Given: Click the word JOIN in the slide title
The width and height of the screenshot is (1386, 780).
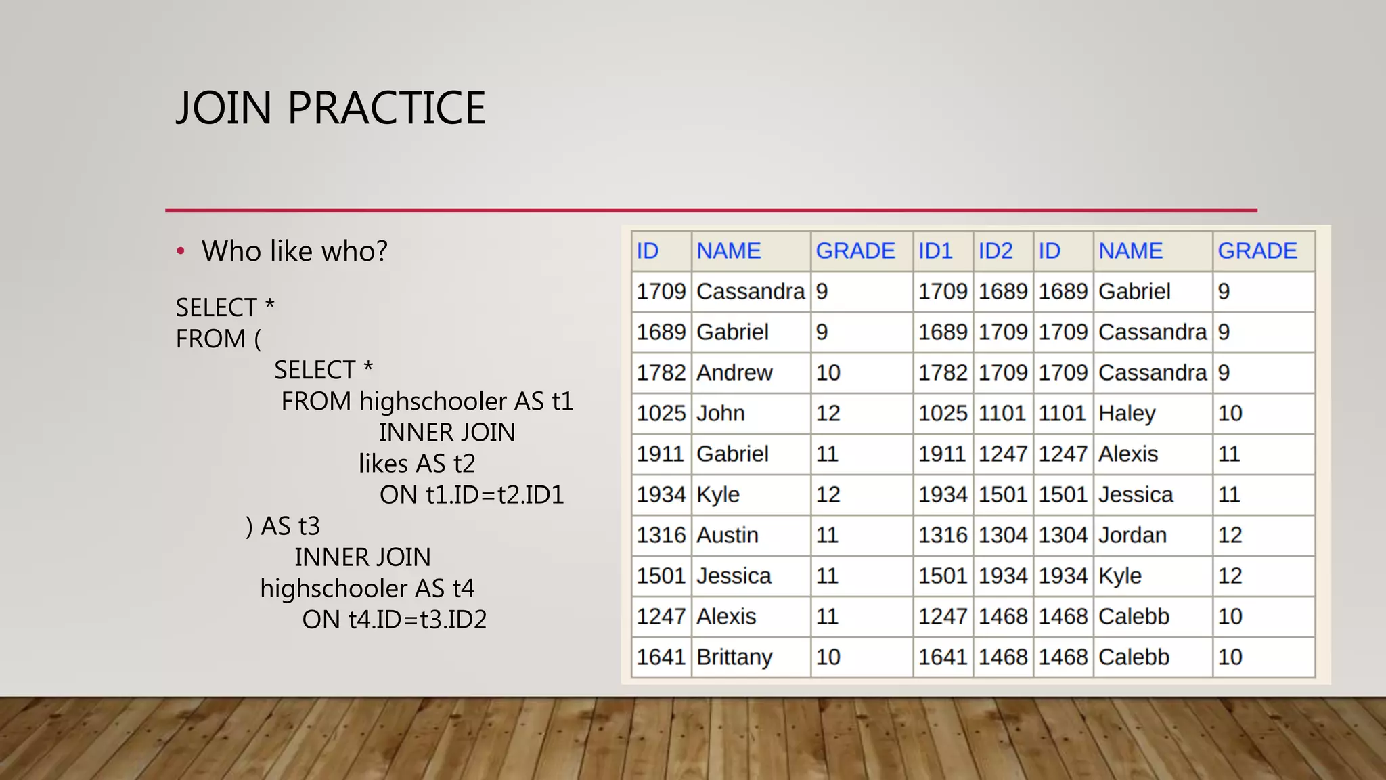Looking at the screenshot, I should point(223,108).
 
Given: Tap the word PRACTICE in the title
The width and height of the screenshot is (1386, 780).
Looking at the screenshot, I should point(386,108).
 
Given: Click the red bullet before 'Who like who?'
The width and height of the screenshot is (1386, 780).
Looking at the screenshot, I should point(181,252).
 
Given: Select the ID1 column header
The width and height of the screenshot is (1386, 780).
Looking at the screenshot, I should point(935,251).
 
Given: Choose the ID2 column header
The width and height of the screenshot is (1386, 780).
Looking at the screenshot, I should point(996,251).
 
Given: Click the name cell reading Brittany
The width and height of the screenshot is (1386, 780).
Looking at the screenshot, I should point(734,657).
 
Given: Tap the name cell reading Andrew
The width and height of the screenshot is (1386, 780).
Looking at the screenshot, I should point(734,372).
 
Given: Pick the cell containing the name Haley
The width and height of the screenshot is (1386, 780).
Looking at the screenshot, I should point(1127,413).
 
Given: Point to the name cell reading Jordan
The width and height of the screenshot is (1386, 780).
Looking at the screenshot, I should point(1132,535).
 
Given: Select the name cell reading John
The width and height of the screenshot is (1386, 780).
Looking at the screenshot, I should point(721,413).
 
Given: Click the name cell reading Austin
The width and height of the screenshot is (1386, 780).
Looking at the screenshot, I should point(728,535).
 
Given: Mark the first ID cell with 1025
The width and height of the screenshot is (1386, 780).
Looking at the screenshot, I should point(661,413).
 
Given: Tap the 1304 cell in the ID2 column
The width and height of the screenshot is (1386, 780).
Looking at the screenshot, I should point(1003,535).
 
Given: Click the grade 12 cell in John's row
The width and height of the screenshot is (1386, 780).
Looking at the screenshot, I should point(828,413).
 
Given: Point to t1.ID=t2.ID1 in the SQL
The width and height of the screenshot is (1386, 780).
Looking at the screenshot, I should point(495,495).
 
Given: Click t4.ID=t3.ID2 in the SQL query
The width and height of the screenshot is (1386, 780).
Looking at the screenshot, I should point(418,620).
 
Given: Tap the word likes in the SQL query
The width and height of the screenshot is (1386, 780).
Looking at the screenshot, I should point(384,464).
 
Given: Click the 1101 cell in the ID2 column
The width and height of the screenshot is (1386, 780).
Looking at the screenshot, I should point(1003,413).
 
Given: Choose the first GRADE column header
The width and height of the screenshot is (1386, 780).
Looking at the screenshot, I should point(855,251).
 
